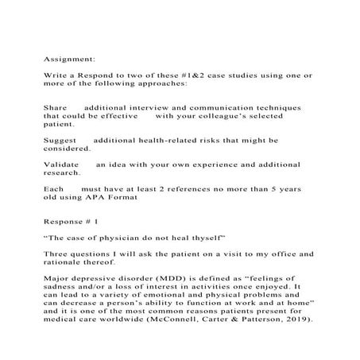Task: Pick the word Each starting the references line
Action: (53, 188)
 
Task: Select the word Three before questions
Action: (57, 254)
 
